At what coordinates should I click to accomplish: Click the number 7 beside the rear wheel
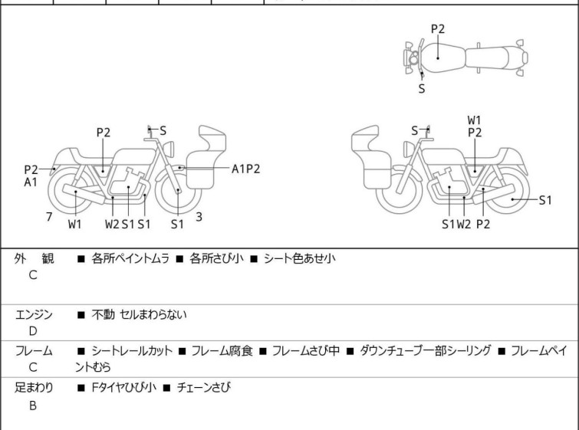tap(49, 217)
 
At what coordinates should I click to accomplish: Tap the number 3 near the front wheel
tap(199, 217)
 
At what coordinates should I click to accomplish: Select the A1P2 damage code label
tap(245, 169)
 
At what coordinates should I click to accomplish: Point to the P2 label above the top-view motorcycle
tap(438, 29)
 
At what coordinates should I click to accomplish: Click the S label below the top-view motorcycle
tap(421, 89)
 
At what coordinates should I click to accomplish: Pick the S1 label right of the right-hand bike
tap(545, 201)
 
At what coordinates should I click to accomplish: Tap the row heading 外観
tap(34, 259)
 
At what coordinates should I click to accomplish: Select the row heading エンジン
tap(34, 314)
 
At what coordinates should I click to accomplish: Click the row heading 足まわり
tap(34, 389)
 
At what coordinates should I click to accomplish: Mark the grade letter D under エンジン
tap(33, 331)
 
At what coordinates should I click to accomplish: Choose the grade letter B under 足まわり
tap(33, 405)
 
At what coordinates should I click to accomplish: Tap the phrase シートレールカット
tap(133, 351)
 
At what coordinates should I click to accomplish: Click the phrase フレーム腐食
tap(219, 351)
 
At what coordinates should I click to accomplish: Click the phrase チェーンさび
tap(204, 389)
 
